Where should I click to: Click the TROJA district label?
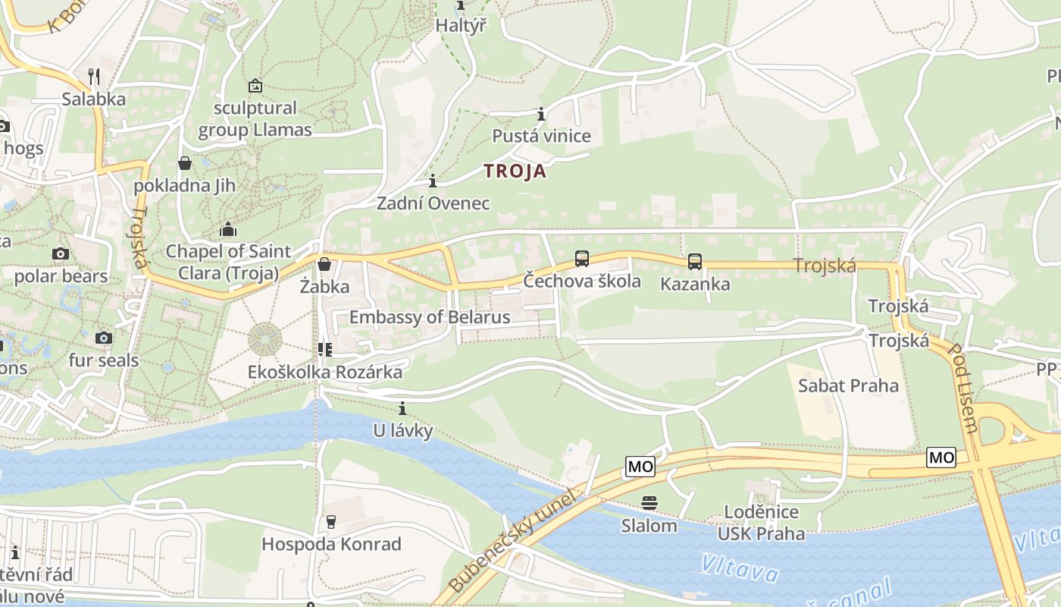(x=515, y=171)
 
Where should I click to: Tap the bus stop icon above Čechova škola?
(x=582, y=259)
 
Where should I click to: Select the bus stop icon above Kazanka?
(x=695, y=262)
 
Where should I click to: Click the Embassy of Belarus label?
(x=430, y=317)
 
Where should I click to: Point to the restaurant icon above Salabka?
(x=94, y=76)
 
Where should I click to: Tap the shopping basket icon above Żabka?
(x=324, y=264)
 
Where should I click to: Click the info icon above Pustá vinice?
(x=541, y=115)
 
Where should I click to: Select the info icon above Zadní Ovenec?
(x=433, y=181)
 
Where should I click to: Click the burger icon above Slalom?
(x=649, y=502)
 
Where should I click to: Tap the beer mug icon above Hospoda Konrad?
(x=330, y=521)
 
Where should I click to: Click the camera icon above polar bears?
(x=61, y=253)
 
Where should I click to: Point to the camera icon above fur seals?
(x=104, y=338)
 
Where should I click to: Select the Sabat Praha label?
(x=848, y=385)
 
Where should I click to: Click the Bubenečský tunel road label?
(x=513, y=541)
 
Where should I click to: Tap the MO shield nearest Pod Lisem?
(x=941, y=458)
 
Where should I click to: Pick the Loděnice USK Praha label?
(x=761, y=523)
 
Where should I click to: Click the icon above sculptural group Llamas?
(x=255, y=86)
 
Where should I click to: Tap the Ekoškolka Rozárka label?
(x=325, y=373)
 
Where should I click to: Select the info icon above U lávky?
(x=402, y=409)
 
